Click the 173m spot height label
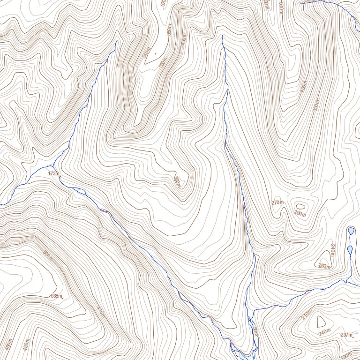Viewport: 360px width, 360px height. tap(54, 173)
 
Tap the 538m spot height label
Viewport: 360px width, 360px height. tap(56, 296)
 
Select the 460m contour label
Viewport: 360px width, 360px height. tap(8, 344)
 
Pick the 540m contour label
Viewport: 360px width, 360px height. tap(148, 52)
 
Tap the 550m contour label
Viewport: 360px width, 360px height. tap(169, 30)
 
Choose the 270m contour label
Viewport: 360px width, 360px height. tap(277, 202)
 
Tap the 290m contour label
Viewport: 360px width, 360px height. tap(300, 215)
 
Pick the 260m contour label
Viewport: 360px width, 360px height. tap(324, 267)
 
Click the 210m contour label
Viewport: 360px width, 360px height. tap(307, 313)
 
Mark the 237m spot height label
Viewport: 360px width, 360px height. tap(346, 335)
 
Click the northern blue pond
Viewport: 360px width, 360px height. tap(351, 231)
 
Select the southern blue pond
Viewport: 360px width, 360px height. tap(350, 249)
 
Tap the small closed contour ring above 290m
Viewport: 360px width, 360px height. tap(300, 206)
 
